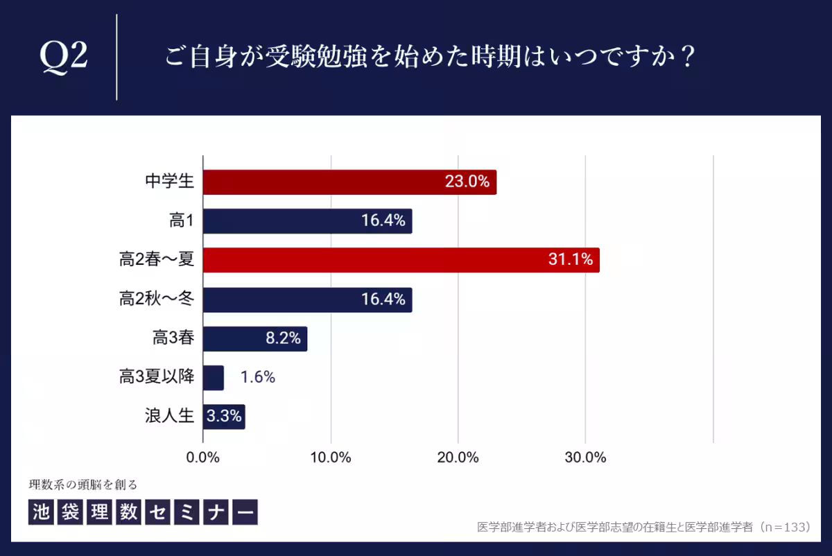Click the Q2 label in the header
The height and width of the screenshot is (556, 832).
(x=64, y=58)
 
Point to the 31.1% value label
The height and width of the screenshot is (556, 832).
(x=570, y=260)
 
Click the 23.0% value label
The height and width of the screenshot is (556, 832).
(x=467, y=182)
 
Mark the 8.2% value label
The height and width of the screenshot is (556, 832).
(x=283, y=338)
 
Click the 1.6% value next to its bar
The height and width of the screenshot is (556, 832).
(x=258, y=378)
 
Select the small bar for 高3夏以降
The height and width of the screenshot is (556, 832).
(x=214, y=378)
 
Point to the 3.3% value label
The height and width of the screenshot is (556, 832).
(x=224, y=417)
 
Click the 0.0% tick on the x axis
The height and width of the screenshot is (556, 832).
(x=203, y=458)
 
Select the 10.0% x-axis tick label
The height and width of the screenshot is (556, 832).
(x=331, y=458)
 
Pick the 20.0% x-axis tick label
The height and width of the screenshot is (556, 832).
(x=458, y=458)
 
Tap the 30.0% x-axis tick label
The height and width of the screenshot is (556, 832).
(x=586, y=458)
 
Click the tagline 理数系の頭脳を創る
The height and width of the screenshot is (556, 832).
(x=88, y=484)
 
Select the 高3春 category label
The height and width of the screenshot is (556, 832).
(x=173, y=338)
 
